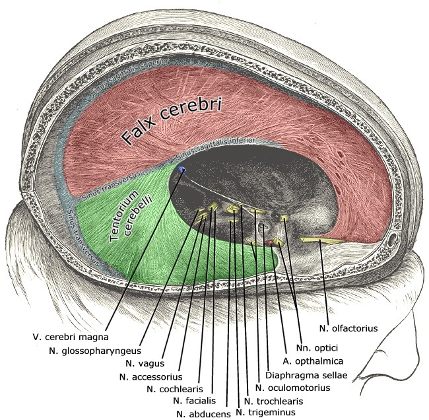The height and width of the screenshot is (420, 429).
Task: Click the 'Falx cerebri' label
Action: [x=170, y=121]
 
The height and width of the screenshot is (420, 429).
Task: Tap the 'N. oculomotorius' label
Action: [x=292, y=388]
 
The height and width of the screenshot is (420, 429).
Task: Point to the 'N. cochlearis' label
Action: [x=174, y=388]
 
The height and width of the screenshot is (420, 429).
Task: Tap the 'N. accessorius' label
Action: [x=151, y=376]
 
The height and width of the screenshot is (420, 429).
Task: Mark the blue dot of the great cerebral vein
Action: [x=182, y=171]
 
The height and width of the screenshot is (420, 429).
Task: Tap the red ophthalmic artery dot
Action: [x=269, y=244]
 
